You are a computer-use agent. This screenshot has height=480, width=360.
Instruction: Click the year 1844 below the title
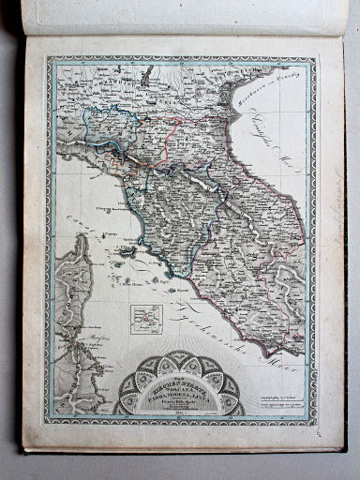[x=178, y=410]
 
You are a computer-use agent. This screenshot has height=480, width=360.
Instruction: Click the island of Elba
[x=127, y=252]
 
